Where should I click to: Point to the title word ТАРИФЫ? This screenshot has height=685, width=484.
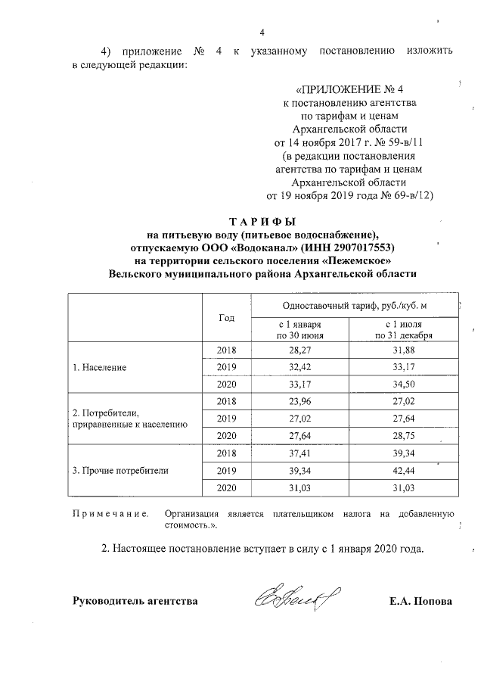pyautogui.click(x=262, y=221)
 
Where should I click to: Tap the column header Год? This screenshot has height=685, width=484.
pyautogui.click(x=226, y=318)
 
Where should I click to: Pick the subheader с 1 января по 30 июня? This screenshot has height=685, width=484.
pyautogui.click(x=300, y=329)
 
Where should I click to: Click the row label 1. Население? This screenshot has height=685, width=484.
pyautogui.click(x=99, y=367)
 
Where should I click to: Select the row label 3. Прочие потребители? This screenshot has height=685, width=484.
pyautogui.click(x=119, y=470)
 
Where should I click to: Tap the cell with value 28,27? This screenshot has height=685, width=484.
pyautogui.click(x=300, y=350)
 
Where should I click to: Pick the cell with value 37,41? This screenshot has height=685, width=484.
pyautogui.click(x=300, y=453)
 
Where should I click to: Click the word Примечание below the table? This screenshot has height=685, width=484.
pyautogui.click(x=109, y=514)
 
